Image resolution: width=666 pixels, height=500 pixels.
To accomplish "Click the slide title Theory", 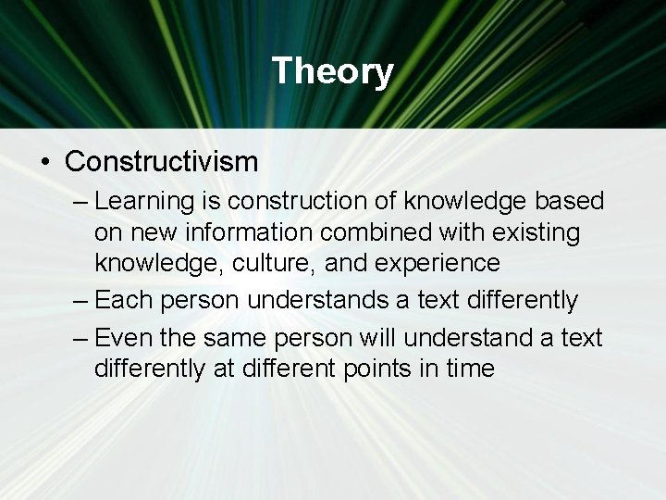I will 333,71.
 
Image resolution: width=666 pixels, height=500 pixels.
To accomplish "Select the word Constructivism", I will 161,162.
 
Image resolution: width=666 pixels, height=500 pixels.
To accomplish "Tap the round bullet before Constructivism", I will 45,163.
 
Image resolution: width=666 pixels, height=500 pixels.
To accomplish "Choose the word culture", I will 262,264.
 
